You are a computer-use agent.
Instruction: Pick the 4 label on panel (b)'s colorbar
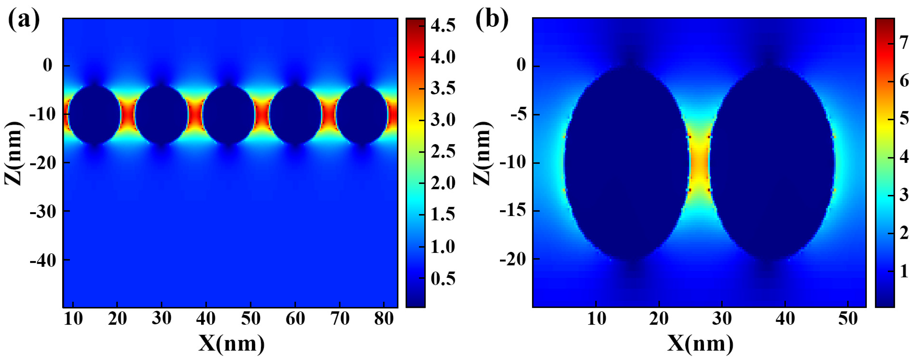(903, 156)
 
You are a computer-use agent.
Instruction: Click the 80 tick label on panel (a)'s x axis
(384, 319)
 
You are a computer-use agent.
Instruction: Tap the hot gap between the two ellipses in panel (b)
(699, 163)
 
